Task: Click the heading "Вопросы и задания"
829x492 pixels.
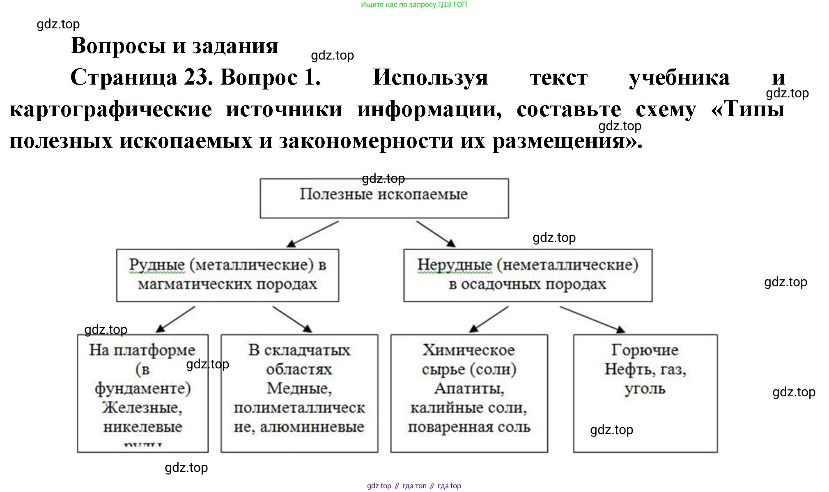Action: pyautogui.click(x=175, y=46)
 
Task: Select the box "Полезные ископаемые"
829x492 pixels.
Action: pyautogui.click(x=384, y=198)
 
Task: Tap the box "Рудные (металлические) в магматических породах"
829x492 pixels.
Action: pyautogui.click(x=227, y=275)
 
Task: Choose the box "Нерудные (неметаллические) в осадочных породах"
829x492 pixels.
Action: pyautogui.click(x=528, y=275)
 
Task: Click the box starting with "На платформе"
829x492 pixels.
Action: pyautogui.click(x=142, y=393)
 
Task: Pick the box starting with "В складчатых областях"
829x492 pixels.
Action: pyautogui.click(x=299, y=393)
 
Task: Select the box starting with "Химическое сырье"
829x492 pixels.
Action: pyautogui.click(x=469, y=393)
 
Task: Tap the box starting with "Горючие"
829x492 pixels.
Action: pyautogui.click(x=645, y=393)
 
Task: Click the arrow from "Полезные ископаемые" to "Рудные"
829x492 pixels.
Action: pyautogui.click(x=313, y=234)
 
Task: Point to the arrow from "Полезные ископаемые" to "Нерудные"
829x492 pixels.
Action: pyautogui.click(x=436, y=234)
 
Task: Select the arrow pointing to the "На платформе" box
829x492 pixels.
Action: pyautogui.click(x=176, y=319)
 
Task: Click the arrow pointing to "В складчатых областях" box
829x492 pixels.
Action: pyautogui.click(x=292, y=319)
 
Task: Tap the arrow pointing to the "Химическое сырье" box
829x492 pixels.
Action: pyautogui.click(x=489, y=319)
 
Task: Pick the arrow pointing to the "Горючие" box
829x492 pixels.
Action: pyautogui.click(x=592, y=319)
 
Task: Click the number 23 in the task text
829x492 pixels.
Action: pyautogui.click(x=194, y=77)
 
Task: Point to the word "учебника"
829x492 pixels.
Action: pyautogui.click(x=679, y=78)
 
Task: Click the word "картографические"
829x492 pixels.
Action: pyautogui.click(x=111, y=109)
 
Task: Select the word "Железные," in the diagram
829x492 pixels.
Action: pyautogui.click(x=142, y=407)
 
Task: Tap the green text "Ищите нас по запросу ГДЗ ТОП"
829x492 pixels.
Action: pyautogui.click(x=414, y=5)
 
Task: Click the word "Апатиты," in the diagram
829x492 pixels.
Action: pyautogui.click(x=469, y=388)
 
